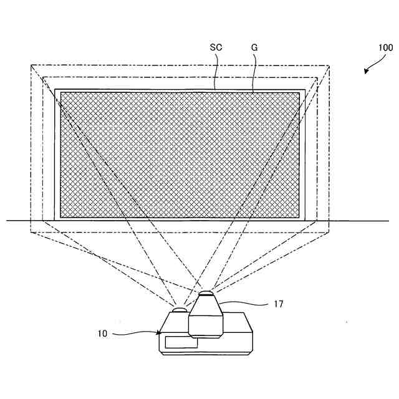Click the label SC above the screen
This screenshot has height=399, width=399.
coord(216,47)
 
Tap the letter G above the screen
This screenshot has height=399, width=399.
coord(254,47)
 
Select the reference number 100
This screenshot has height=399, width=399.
coord(385,47)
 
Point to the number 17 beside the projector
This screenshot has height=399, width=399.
coord(278,304)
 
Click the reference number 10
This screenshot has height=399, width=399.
coord(102,333)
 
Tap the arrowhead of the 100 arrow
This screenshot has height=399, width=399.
coord(367,72)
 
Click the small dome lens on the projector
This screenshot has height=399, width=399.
coord(180,309)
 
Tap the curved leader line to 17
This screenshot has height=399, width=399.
coord(246,304)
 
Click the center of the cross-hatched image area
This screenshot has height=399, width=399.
coord(180,155)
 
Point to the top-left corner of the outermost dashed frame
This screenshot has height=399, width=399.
coord(30,64)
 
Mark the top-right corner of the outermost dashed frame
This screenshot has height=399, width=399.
coord(330,64)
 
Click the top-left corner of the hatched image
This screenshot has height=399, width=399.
coord(60,93)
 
